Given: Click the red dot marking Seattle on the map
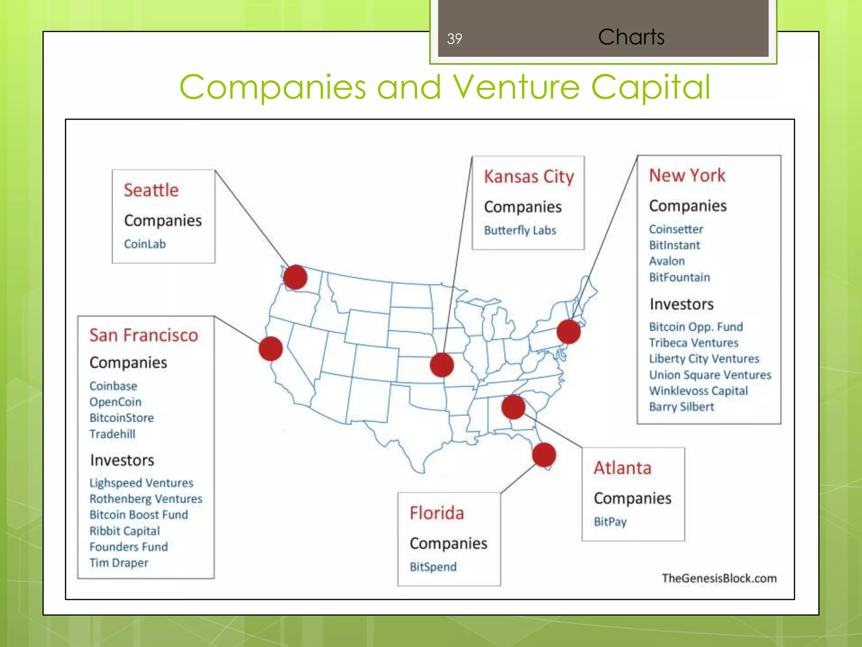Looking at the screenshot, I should coord(295,277).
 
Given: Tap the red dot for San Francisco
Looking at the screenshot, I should coord(271,348).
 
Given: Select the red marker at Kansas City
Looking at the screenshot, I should coord(442,365).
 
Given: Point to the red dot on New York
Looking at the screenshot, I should coord(569,332).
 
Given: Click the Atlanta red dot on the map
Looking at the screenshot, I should coord(513,407).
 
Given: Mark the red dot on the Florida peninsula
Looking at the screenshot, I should coord(544,455).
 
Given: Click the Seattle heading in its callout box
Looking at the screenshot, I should coord(151,190).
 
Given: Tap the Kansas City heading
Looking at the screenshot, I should coord(529,176).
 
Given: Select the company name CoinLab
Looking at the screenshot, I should coord(145,244).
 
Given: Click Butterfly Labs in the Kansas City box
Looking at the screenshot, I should coord(520,230).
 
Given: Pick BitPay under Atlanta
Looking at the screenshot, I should coord(610,522).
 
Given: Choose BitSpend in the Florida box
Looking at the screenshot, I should coord(433,567).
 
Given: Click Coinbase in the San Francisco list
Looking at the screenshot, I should coord(113,386).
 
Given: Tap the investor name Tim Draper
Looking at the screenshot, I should coord(119,563).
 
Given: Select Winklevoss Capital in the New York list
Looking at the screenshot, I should coord(698,391).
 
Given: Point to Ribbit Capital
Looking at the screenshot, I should coord(125,531).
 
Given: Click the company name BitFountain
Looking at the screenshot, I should coord(679,277).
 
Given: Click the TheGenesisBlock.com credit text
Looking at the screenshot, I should coord(719,578).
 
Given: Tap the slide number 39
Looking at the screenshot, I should coord(455,39).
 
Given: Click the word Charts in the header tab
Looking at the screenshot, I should coord(631,37).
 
